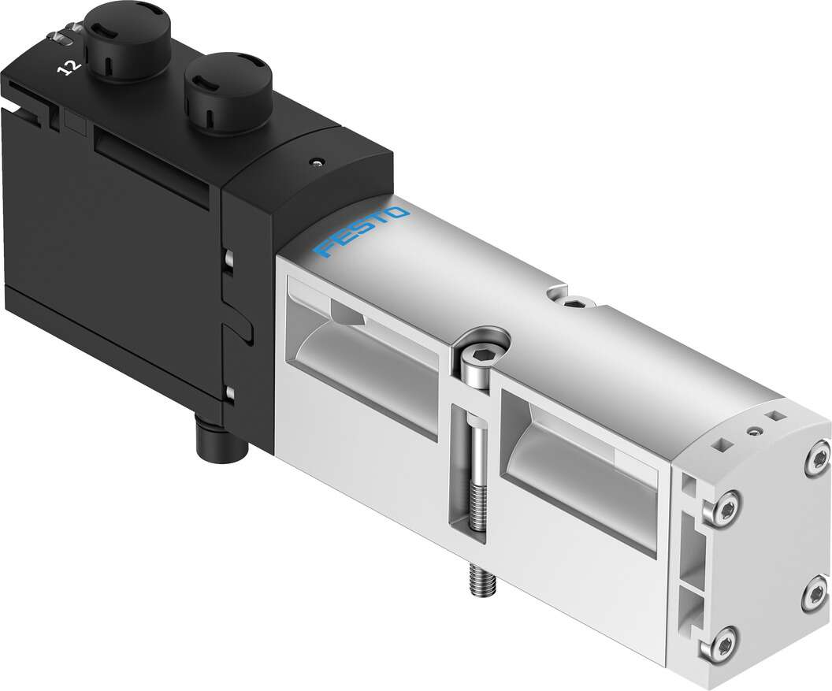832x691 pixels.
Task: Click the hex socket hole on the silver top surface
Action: tap(574, 303)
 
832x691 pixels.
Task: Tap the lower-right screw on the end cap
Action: tap(815, 595)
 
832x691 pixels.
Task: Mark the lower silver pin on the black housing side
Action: tap(228, 391)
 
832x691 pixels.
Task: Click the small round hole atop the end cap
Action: tap(756, 430)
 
